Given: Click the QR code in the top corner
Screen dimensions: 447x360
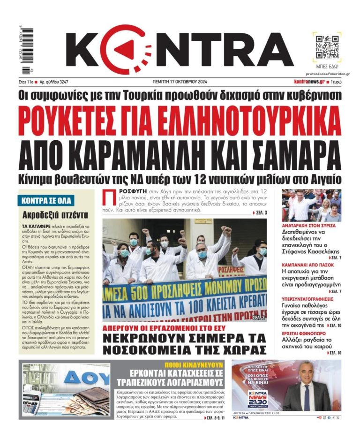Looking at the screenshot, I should pos(326,45).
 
